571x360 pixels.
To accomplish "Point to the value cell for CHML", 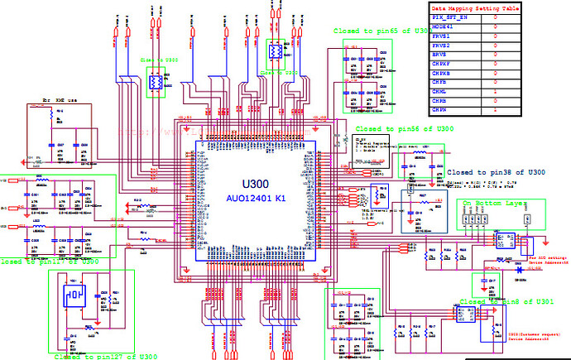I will (x=495, y=91).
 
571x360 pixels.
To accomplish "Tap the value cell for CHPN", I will (x=495, y=109).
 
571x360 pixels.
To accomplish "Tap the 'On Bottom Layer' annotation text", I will (x=494, y=202).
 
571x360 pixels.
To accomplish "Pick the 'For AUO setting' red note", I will (x=530, y=259).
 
